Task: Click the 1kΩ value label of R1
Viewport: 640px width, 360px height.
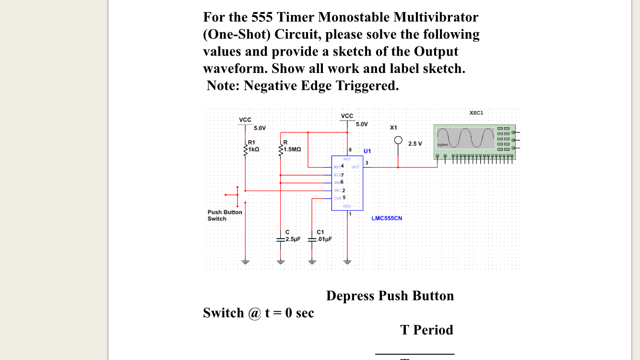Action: [254, 149]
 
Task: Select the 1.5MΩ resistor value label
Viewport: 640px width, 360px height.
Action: [292, 149]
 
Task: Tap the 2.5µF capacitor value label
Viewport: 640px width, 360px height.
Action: [292, 239]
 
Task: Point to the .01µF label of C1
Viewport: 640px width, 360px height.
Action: [324, 239]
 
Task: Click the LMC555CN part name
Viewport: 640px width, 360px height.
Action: [387, 218]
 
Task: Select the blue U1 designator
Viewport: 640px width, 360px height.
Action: [367, 151]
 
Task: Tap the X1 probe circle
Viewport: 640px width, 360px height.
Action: [398, 140]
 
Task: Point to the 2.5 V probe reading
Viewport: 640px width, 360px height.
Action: [415, 144]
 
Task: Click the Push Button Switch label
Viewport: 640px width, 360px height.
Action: [225, 215]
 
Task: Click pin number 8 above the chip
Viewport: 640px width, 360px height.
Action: [350, 150]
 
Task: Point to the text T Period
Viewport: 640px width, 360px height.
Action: [427, 330]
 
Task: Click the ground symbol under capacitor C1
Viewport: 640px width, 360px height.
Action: [312, 262]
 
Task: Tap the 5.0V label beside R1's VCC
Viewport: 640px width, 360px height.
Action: [260, 128]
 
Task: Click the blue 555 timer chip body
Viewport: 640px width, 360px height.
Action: [347, 183]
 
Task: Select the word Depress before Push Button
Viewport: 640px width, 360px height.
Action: [351, 296]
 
